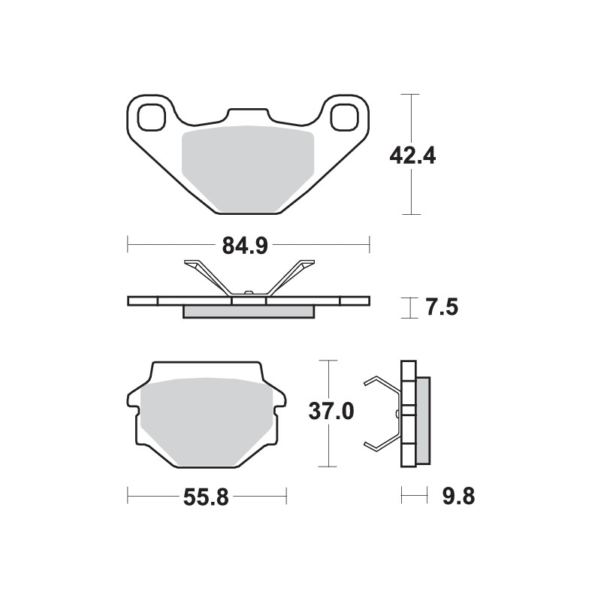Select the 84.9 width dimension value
click(246, 245)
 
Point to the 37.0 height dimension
click(329, 412)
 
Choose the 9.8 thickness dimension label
click(458, 497)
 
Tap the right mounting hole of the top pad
click(345, 116)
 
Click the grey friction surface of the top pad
click(248, 165)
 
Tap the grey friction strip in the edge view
click(248, 311)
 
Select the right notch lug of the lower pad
click(280, 406)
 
